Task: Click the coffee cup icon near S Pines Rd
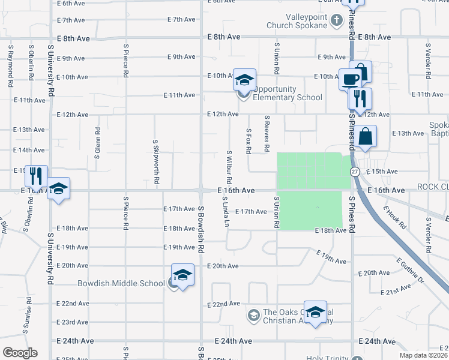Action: (x=350, y=78)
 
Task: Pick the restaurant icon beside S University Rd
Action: (x=36, y=175)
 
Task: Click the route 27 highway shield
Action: (x=355, y=172)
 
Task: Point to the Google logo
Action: (x=20, y=353)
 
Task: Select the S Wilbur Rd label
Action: (x=229, y=167)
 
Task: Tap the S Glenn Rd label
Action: (x=97, y=142)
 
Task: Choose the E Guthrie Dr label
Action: (x=410, y=271)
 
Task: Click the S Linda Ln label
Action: (x=226, y=211)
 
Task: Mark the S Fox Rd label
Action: (x=248, y=140)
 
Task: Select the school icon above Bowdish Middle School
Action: (x=182, y=275)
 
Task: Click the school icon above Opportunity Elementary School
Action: (x=244, y=80)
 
